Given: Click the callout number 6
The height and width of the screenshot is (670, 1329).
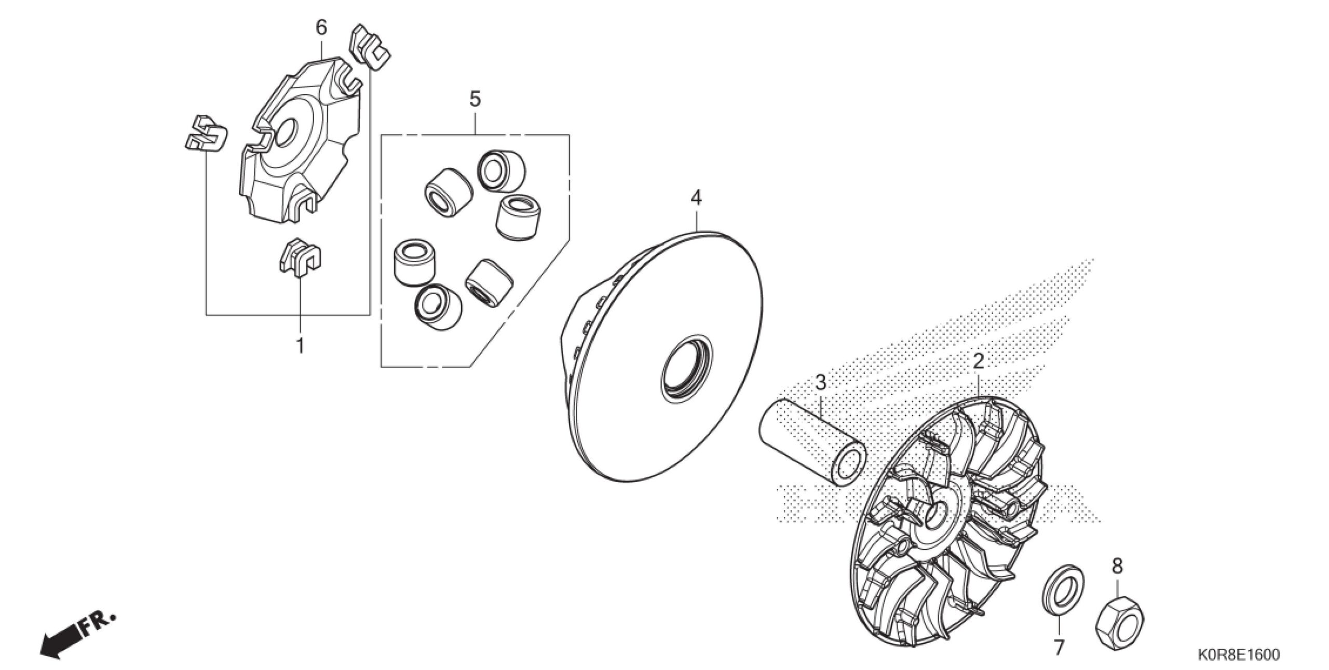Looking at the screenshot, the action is [322, 28].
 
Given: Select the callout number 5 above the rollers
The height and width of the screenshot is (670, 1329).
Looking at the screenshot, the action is [475, 99].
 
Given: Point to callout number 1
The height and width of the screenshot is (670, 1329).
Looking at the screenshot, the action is [300, 345].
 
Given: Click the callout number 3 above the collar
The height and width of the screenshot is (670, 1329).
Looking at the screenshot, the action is [820, 383].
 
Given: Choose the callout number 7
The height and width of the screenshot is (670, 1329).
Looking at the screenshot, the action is [1059, 647].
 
